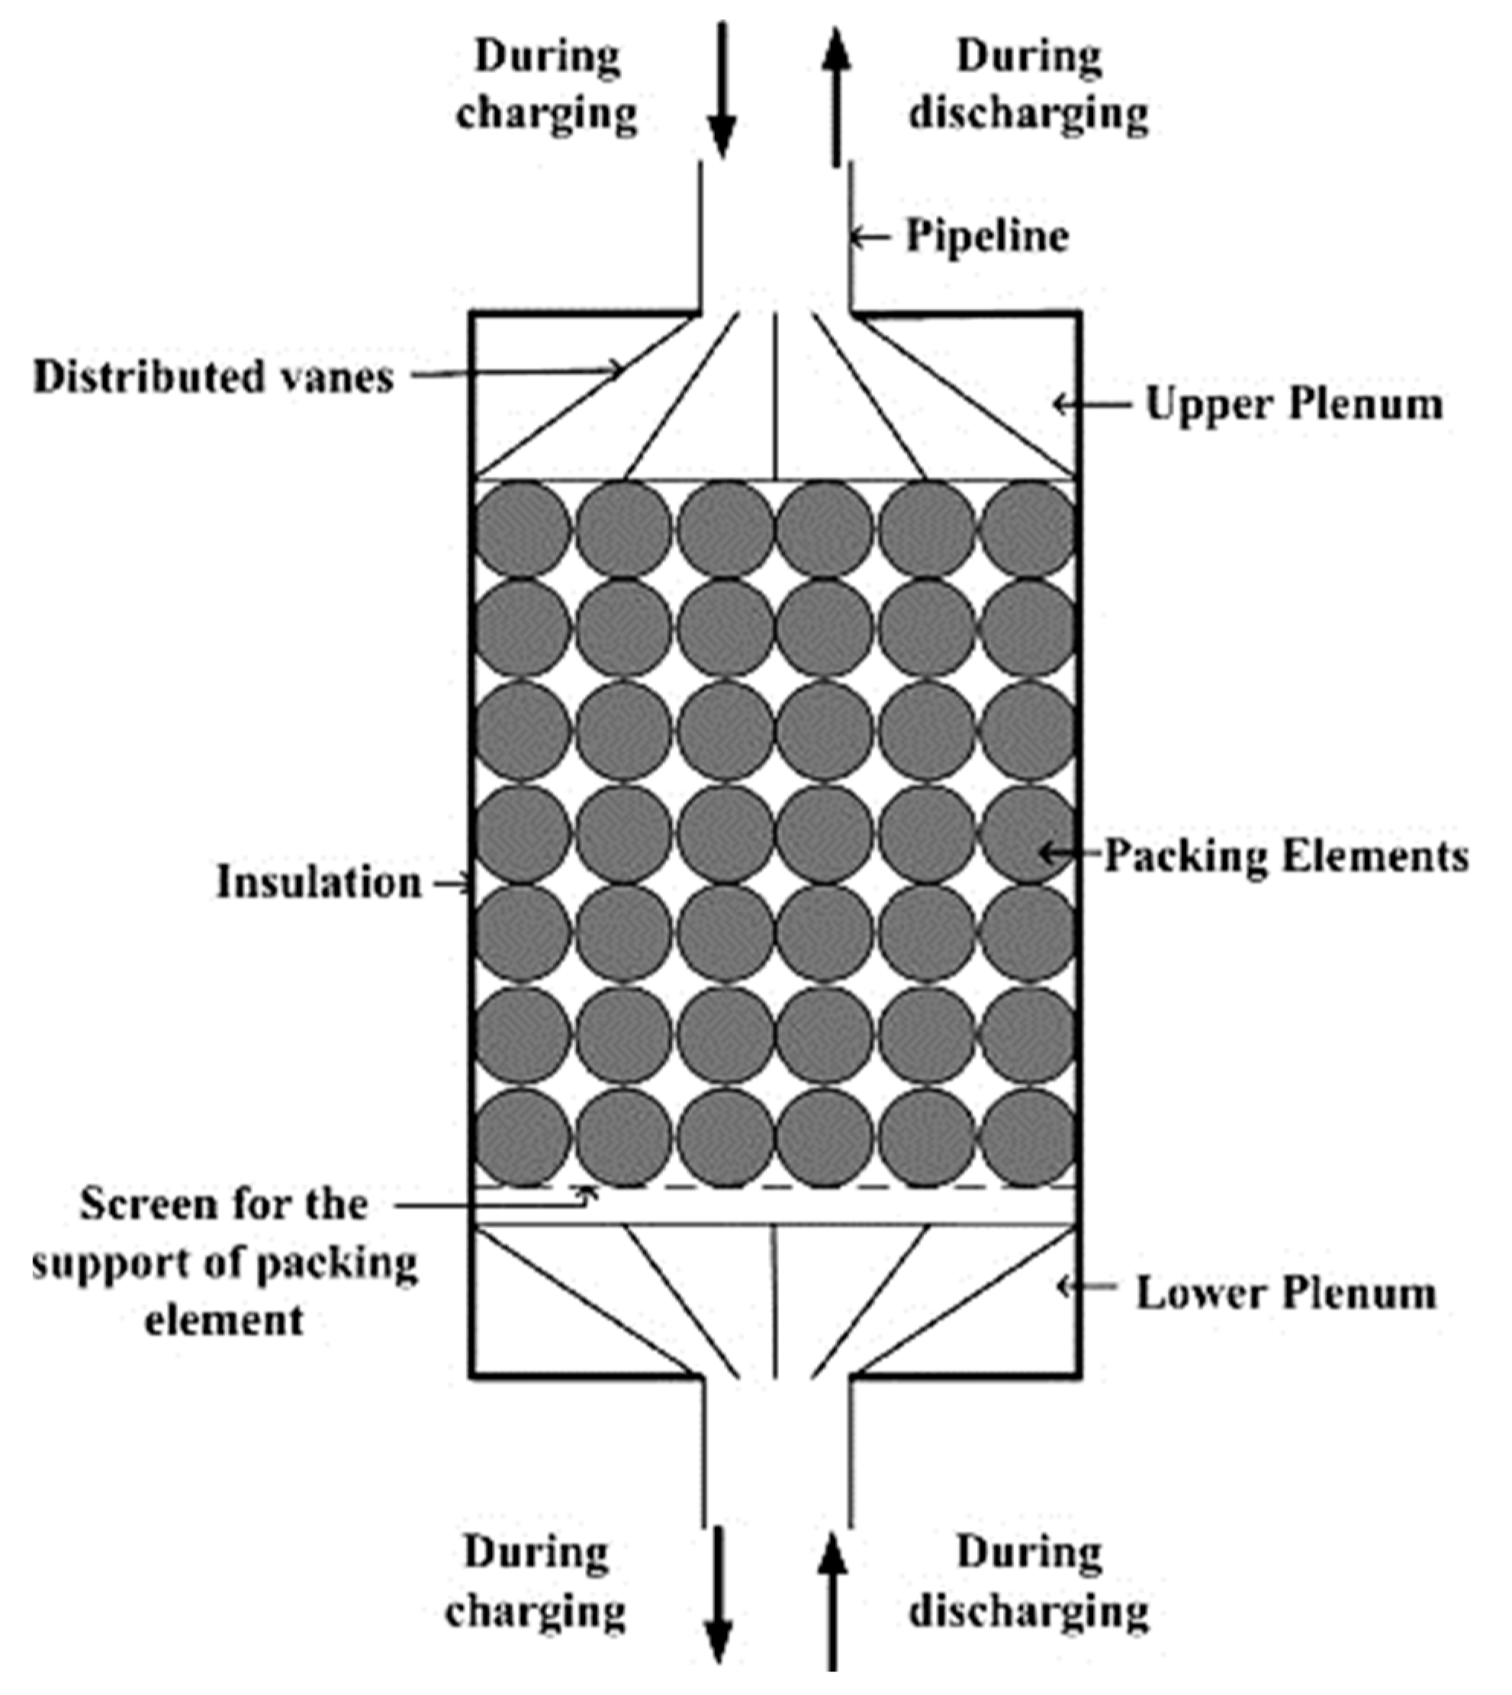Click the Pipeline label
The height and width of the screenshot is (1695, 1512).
pyautogui.click(x=987, y=236)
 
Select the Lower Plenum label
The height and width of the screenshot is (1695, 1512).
pyautogui.click(x=1285, y=1294)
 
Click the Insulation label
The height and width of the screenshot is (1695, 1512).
pyautogui.click(x=319, y=883)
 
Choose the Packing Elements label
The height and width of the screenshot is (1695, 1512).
pyautogui.click(x=1285, y=856)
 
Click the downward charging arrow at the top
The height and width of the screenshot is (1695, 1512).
pyautogui.click(x=722, y=92)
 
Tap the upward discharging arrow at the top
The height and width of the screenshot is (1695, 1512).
pyautogui.click(x=837, y=95)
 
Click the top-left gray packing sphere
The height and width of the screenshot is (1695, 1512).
pyautogui.click(x=523, y=529)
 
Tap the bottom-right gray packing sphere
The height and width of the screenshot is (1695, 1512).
pyautogui.click(x=1028, y=1137)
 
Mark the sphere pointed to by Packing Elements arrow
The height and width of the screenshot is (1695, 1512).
pyautogui.click(x=1028, y=833)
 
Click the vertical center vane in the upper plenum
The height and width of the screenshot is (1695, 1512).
pyautogui.click(x=775, y=397)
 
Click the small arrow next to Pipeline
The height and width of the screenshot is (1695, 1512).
pyautogui.click(x=869, y=239)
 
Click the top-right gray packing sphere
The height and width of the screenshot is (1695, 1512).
pyautogui.click(x=1028, y=529)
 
